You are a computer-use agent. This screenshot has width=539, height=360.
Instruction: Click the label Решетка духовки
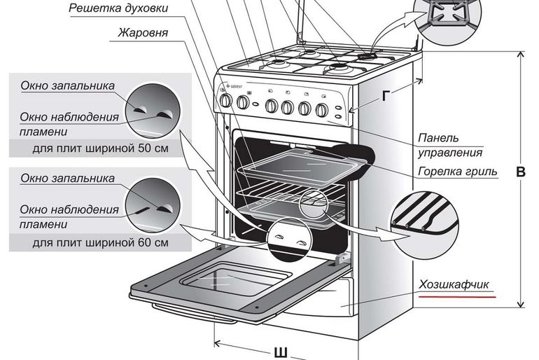pyautogui.click(x=118, y=8)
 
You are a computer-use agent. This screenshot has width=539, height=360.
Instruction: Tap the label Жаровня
pyautogui.click(x=143, y=33)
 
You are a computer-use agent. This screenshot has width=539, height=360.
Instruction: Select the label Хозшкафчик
pyautogui.click(x=454, y=284)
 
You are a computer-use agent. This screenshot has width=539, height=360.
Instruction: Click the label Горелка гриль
pyautogui.click(x=458, y=171)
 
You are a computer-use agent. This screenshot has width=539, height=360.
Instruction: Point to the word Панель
pyautogui.click(x=438, y=138)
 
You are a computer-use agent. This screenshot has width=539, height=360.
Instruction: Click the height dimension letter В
pyautogui.click(x=521, y=172)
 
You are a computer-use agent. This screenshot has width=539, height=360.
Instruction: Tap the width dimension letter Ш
pyautogui.click(x=281, y=354)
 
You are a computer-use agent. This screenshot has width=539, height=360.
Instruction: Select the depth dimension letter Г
pyautogui.click(x=386, y=96)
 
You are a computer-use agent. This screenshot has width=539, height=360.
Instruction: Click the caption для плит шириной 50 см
pyautogui.click(x=100, y=148)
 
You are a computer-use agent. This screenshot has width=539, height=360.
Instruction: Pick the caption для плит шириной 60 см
pyautogui.click(x=100, y=243)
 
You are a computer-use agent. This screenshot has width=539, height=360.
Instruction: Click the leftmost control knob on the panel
pyautogui.click(x=226, y=101)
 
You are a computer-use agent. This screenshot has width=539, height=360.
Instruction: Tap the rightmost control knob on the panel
pyautogui.click(x=322, y=110)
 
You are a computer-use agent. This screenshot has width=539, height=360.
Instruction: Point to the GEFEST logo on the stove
pyautogui.click(x=233, y=85)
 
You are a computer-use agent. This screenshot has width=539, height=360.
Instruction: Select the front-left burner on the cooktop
pyautogui.click(x=276, y=64)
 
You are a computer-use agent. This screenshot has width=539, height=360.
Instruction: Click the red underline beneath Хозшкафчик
pyautogui.click(x=457, y=296)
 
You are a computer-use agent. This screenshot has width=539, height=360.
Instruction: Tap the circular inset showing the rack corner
pyautogui.click(x=425, y=226)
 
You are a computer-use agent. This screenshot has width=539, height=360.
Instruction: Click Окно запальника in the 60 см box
pyautogui.click(x=67, y=179)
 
